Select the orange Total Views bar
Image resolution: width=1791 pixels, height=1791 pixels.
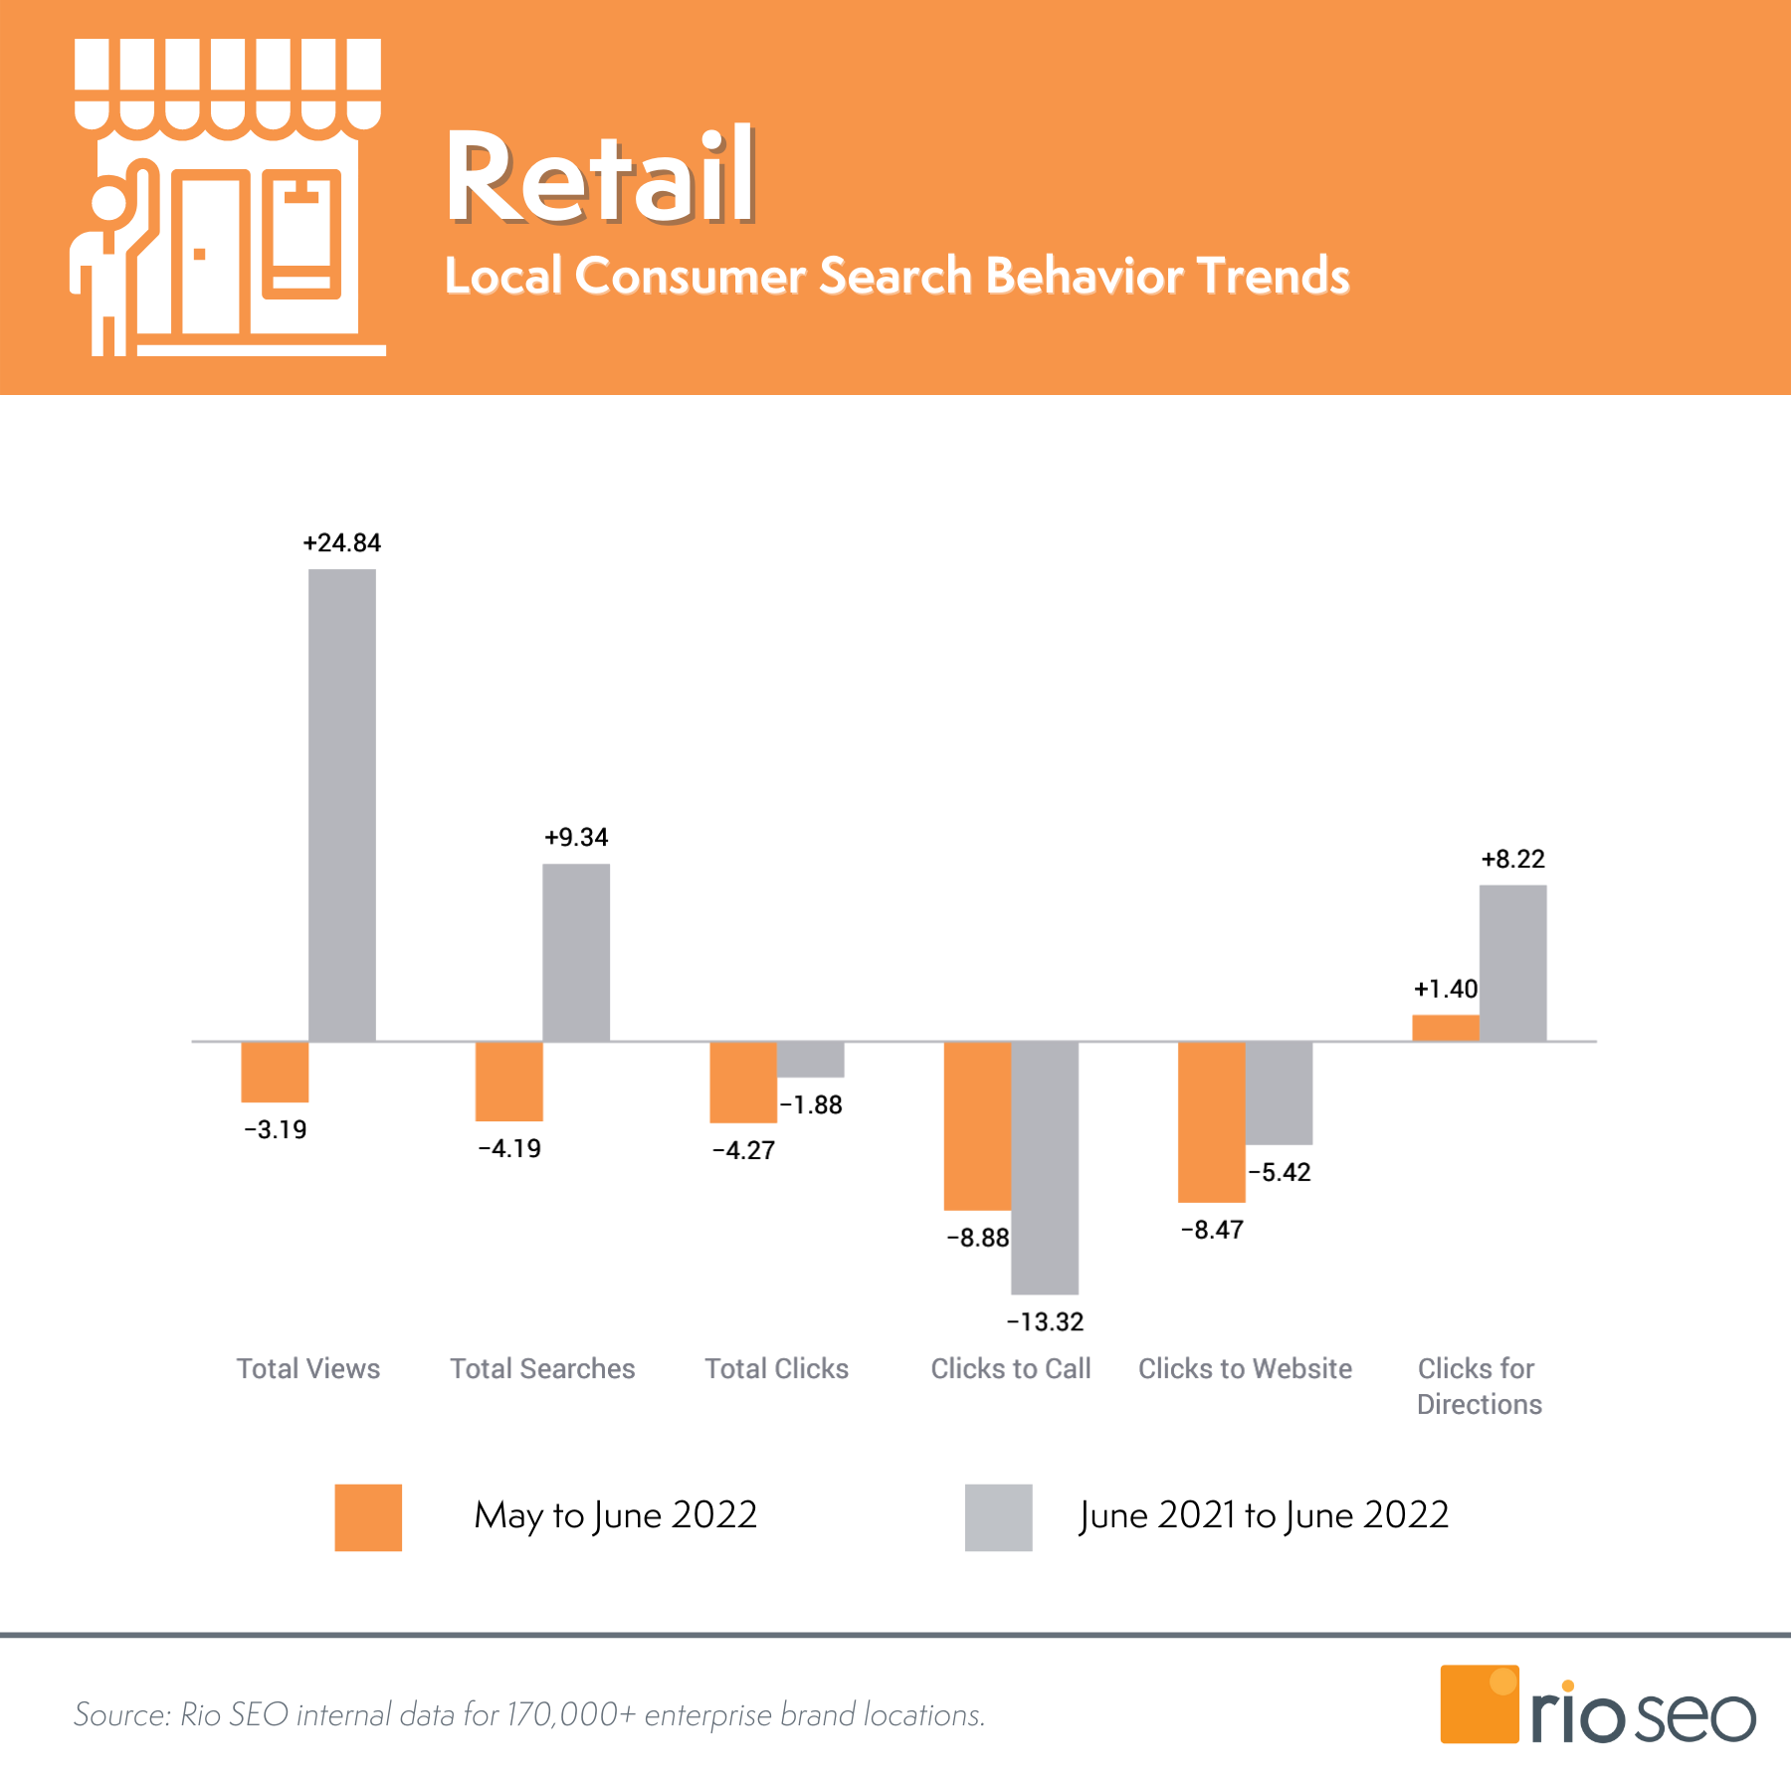(x=275, y=1072)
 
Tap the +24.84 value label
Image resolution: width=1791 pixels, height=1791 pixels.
(x=342, y=543)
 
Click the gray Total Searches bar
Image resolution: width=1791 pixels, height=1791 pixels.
(x=576, y=952)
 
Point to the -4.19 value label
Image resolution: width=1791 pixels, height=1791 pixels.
(x=509, y=1149)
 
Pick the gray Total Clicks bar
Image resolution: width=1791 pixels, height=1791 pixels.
(x=811, y=1060)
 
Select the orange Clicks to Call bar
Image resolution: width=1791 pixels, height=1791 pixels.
(x=977, y=1125)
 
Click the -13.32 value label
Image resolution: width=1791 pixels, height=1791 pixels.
(x=1045, y=1322)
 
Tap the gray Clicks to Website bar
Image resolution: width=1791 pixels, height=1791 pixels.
(x=1279, y=1093)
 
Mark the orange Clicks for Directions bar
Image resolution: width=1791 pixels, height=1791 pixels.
(x=1445, y=1028)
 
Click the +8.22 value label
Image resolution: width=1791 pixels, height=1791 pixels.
(x=1512, y=860)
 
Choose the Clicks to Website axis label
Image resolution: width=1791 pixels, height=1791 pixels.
(x=1245, y=1369)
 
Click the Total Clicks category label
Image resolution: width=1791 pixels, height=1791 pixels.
(x=776, y=1369)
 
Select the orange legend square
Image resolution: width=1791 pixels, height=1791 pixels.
(x=368, y=1517)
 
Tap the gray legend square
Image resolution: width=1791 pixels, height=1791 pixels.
(x=998, y=1517)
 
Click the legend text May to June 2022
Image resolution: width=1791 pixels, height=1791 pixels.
(x=615, y=1515)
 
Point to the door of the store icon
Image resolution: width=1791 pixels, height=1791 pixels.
(x=211, y=257)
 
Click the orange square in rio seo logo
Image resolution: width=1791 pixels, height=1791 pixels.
(x=1479, y=1704)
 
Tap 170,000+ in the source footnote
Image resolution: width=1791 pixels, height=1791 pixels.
(x=570, y=1715)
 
